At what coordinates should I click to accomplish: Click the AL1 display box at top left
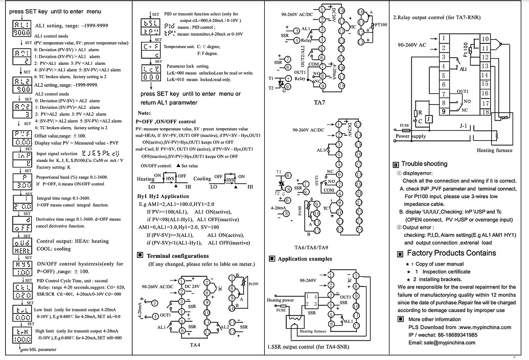(x=21, y=28)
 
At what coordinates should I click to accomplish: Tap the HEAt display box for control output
(x=21, y=245)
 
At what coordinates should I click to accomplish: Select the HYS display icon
(x=21, y=268)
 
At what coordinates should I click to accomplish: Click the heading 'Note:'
(x=144, y=112)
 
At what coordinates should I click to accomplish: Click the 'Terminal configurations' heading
(x=177, y=256)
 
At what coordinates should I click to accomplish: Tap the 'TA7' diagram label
(x=319, y=102)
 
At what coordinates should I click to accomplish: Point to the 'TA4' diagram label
(x=195, y=345)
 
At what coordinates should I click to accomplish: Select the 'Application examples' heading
(x=304, y=259)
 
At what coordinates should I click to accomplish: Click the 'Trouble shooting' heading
(x=424, y=164)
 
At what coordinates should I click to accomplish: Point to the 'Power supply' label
(x=410, y=136)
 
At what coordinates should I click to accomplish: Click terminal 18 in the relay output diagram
(x=485, y=112)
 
